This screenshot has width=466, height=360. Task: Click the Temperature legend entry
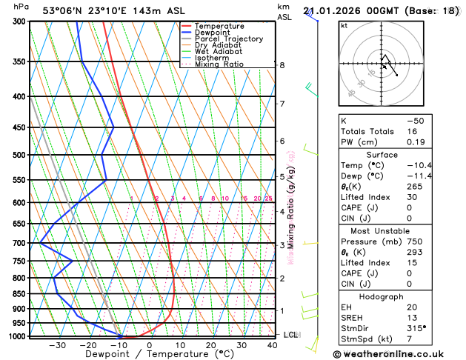click(219, 26)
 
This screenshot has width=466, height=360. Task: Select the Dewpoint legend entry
click(213, 33)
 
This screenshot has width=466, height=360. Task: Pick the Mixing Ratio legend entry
click(218, 64)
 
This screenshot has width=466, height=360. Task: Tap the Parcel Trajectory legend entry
click(228, 39)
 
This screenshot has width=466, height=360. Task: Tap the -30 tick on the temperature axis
click(57, 345)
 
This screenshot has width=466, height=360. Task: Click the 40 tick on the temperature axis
click(273, 345)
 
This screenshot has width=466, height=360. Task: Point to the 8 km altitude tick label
click(282, 65)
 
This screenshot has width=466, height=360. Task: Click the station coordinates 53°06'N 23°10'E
click(90, 10)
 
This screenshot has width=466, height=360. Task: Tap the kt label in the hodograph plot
click(344, 25)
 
